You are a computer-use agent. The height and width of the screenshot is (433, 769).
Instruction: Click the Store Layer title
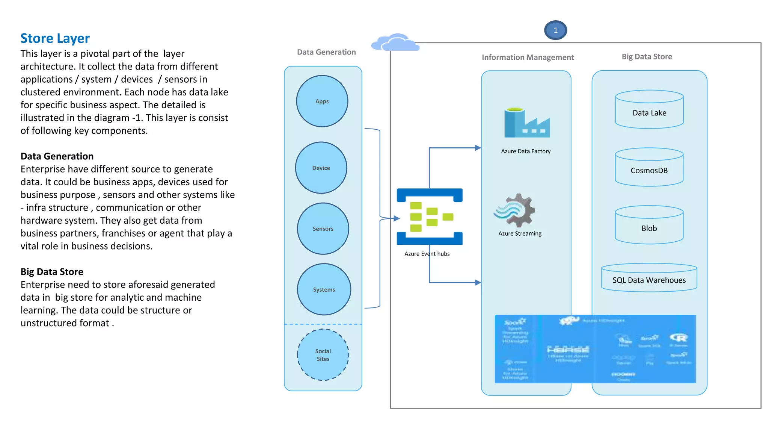(x=55, y=38)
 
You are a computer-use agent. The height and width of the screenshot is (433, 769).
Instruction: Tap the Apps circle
(x=322, y=101)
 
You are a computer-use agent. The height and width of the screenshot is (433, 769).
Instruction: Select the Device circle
(x=321, y=168)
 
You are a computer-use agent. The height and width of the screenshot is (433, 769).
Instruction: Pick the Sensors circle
(x=323, y=229)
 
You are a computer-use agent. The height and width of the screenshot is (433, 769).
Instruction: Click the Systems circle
(x=324, y=289)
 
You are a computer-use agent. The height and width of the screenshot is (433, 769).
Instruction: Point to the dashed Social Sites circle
(x=323, y=355)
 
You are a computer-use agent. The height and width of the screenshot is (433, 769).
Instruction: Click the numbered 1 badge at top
(x=555, y=30)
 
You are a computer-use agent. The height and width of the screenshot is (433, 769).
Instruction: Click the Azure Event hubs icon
(x=430, y=216)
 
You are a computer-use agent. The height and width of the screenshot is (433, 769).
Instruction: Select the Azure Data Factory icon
(x=526, y=123)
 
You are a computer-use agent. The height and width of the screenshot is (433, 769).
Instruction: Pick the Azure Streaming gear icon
(x=515, y=210)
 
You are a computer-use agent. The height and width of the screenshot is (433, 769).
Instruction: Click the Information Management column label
(x=528, y=57)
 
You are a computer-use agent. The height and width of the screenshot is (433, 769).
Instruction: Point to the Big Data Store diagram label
(x=647, y=56)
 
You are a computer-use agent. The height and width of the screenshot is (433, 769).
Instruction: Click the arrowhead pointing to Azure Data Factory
(x=478, y=148)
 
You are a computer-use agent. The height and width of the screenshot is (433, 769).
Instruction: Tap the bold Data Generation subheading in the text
(x=57, y=156)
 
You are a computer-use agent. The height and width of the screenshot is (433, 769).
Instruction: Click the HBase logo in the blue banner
(x=568, y=350)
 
